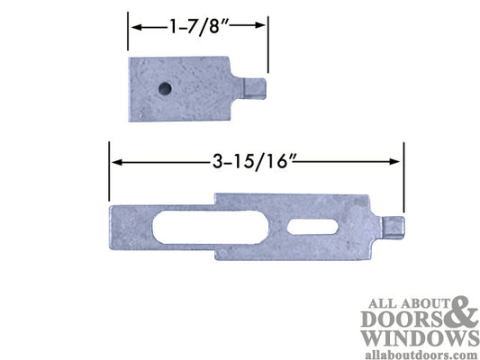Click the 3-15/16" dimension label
coord(256,161)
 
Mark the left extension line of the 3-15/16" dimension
coord(109,171)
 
